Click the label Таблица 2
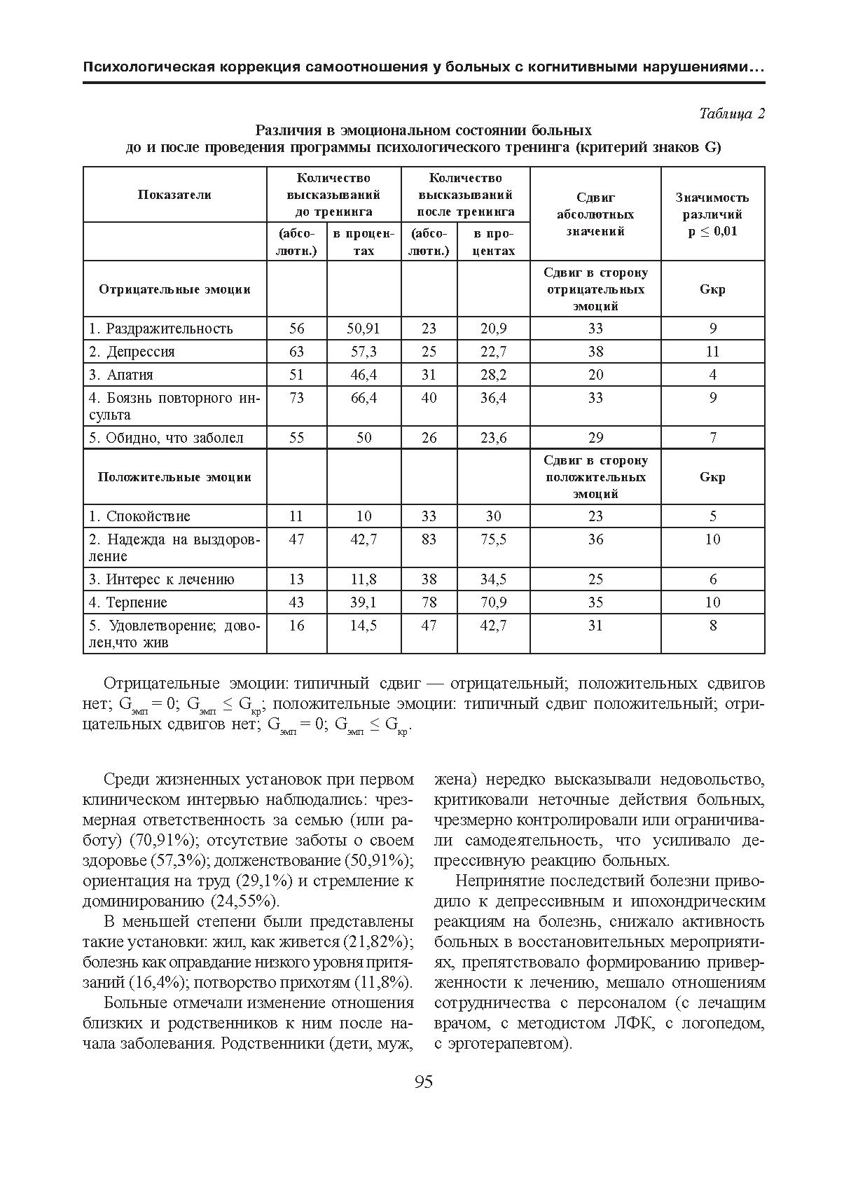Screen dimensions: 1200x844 tap(731, 114)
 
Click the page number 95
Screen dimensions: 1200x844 tap(424, 1082)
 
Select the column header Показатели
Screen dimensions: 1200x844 tap(174, 195)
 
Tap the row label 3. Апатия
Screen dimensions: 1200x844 tap(121, 375)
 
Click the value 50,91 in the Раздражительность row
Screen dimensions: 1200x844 tap(364, 329)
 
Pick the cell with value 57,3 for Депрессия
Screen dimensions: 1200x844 tap(364, 352)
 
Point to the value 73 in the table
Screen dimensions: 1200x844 tap(296, 398)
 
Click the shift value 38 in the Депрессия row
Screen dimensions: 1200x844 tap(595, 352)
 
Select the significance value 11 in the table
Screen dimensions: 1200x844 tap(712, 352)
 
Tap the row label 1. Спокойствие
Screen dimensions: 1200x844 tap(139, 516)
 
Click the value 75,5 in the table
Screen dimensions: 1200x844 tap(493, 539)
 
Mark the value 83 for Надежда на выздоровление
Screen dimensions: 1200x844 tap(429, 539)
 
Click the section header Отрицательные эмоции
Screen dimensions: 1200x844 tap(174, 289)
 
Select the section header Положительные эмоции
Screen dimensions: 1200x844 tap(174, 477)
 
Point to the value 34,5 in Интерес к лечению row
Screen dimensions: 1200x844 tap(493, 579)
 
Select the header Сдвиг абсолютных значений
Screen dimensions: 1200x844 tap(595, 214)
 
